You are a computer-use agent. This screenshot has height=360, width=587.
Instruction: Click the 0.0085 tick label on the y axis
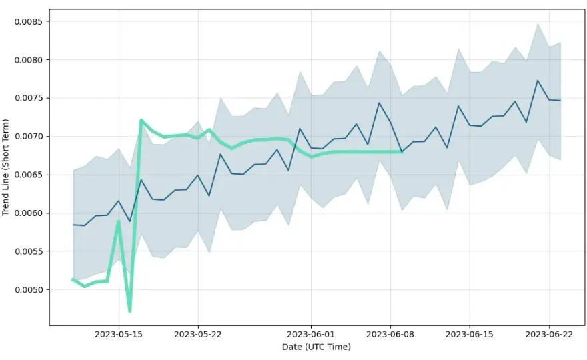[29, 22]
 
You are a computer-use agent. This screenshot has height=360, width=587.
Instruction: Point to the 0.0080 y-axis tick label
[29, 60]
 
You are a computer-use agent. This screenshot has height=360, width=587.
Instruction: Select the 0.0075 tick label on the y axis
[29, 98]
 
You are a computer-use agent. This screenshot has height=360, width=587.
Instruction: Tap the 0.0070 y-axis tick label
[29, 137]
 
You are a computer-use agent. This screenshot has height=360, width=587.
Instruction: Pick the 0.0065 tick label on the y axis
[29, 175]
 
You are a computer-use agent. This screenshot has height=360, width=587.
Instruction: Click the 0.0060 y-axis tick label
[29, 213]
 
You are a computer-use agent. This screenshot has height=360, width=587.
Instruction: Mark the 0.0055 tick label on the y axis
[29, 251]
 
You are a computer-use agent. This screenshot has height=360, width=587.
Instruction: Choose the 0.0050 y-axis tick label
[29, 290]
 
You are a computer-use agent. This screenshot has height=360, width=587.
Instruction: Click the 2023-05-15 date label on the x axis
[119, 334]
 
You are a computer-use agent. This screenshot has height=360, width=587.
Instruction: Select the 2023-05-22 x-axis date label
[198, 334]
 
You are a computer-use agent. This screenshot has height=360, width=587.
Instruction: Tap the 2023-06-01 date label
[311, 334]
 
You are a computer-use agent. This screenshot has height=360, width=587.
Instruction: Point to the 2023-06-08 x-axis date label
[390, 334]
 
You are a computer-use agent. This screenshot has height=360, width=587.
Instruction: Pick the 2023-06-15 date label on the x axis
[470, 334]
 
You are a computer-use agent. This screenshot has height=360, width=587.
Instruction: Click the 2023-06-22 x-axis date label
[549, 334]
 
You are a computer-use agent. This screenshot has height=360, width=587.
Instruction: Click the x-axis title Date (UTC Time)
[316, 347]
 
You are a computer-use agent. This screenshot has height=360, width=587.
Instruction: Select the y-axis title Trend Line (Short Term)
[5, 167]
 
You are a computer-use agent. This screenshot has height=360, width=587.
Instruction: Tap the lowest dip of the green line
[130, 311]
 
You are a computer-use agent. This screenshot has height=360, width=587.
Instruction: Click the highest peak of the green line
[141, 120]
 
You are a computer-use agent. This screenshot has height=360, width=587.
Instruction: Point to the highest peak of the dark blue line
[538, 80]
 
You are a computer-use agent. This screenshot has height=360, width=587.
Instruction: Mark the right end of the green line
[402, 152]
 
